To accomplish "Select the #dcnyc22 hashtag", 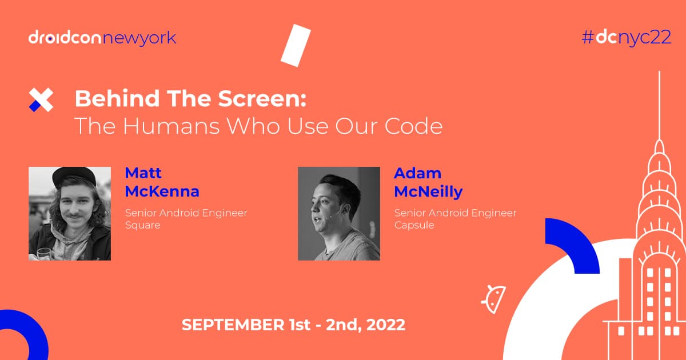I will tap(625, 38).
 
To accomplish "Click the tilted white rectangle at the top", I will tap(296, 45).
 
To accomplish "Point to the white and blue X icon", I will tap(41, 100).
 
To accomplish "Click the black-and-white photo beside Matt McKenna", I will tap(70, 214).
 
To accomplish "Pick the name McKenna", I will tap(162, 191).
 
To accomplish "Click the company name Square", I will tap(142, 225).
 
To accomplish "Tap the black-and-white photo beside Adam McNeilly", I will tap(339, 214).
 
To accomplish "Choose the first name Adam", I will tap(417, 173).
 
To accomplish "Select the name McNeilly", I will tap(428, 191).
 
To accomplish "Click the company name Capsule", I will tap(414, 225).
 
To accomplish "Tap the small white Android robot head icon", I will tap(493, 298).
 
